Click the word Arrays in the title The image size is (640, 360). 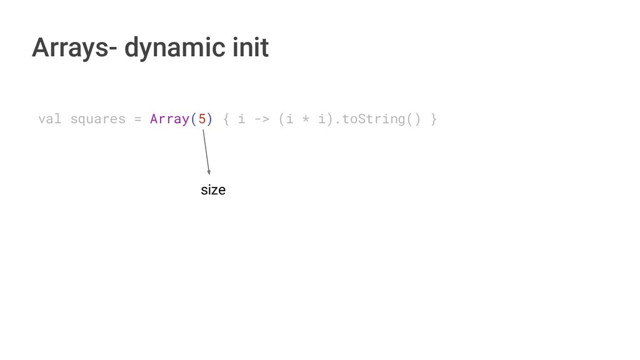(x=69, y=47)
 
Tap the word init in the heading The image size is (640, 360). (x=250, y=47)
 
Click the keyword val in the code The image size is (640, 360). (x=50, y=119)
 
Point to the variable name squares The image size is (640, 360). (x=97, y=119)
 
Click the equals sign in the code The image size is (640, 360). (x=137, y=119)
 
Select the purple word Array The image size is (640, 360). (x=169, y=119)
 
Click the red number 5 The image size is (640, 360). (x=202, y=119)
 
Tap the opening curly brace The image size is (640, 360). (x=226, y=119)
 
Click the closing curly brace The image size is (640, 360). (x=434, y=119)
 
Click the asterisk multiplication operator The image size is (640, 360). (x=306, y=119)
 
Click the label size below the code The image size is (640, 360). (x=213, y=190)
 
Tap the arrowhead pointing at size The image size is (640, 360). (x=209, y=172)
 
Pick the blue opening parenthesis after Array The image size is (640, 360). (x=193, y=119)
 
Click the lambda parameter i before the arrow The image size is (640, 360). (x=241, y=119)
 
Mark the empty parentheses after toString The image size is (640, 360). (x=414, y=119)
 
